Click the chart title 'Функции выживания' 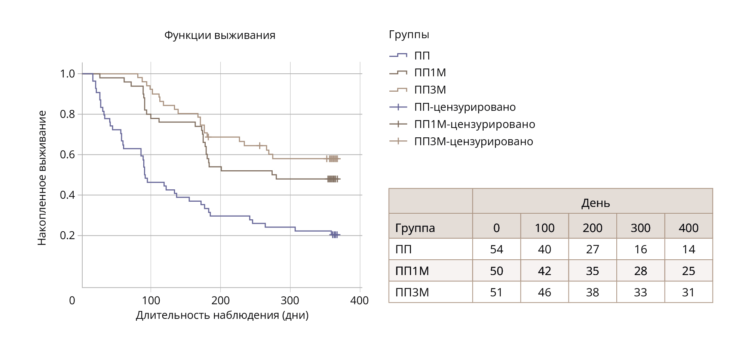click(220, 36)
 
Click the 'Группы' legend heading click(409, 35)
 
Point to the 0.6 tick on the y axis click(67, 155)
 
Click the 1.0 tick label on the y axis click(67, 74)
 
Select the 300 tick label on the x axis click(290, 300)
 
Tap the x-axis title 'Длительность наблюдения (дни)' click(222, 315)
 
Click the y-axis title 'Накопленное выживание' click(42, 178)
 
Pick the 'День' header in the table click(595, 203)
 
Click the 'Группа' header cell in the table click(415, 228)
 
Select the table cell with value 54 click(496, 249)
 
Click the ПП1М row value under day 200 click(592, 271)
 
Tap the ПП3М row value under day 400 click(688, 292)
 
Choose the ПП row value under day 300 click(640, 249)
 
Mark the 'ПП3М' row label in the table click(412, 292)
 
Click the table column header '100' click(544, 228)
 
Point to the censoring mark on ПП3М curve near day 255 click(260, 145)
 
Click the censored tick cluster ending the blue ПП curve click(334, 235)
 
